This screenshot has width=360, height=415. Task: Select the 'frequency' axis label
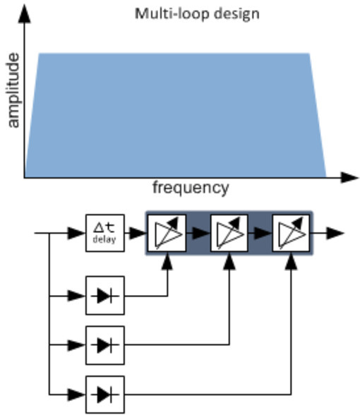pos(191,188)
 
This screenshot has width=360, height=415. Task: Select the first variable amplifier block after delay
pos(167,232)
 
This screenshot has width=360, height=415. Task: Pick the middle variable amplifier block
pos(229,232)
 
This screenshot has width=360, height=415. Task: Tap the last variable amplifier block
pos(291,232)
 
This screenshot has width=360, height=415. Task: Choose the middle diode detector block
pos(104,344)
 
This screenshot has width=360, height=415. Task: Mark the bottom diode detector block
pos(104,389)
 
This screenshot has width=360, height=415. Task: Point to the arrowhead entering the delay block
pos(78,232)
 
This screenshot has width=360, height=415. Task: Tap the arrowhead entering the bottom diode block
pos(78,389)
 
